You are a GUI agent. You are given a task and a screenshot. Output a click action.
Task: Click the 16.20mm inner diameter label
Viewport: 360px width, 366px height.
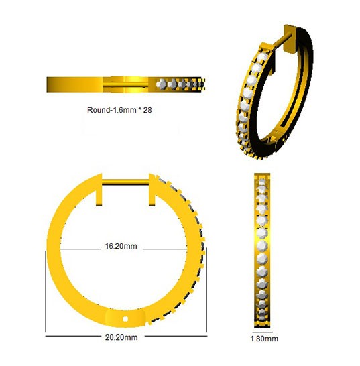121,246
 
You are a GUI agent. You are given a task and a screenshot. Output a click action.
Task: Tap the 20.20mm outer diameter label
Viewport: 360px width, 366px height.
121,337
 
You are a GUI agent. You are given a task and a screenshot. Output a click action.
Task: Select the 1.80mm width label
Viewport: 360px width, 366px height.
264,339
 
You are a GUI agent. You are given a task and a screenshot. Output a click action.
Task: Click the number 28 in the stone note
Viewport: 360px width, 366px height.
147,110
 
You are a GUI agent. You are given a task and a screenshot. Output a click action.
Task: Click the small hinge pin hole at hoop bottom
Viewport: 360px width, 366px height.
126,318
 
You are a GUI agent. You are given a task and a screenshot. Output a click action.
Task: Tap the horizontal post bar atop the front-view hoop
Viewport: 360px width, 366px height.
125,182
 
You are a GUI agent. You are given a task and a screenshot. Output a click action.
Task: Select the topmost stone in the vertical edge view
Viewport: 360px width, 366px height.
262,182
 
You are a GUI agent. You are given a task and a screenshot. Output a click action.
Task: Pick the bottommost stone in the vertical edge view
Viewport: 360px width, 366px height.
262,318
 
